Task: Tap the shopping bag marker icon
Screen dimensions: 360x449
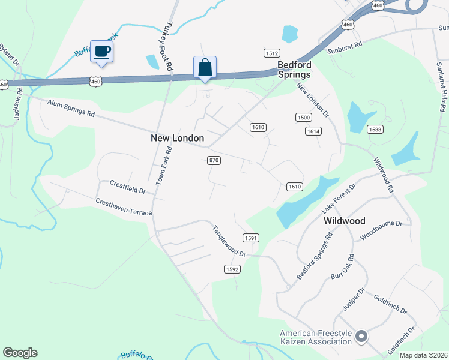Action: [205, 67]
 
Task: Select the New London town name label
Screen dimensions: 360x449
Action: [177, 138]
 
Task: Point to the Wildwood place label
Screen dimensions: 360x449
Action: [344, 221]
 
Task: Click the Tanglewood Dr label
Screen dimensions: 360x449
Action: [229, 242]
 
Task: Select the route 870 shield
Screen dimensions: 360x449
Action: [214, 160]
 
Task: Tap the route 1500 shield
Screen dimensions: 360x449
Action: [303, 118]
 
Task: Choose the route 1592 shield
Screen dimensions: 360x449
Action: [233, 269]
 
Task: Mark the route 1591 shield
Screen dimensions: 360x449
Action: [251, 238]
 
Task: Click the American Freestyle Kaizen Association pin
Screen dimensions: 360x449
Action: [361, 337]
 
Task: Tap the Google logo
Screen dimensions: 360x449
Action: [20, 353]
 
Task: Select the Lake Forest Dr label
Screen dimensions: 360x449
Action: [339, 199]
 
